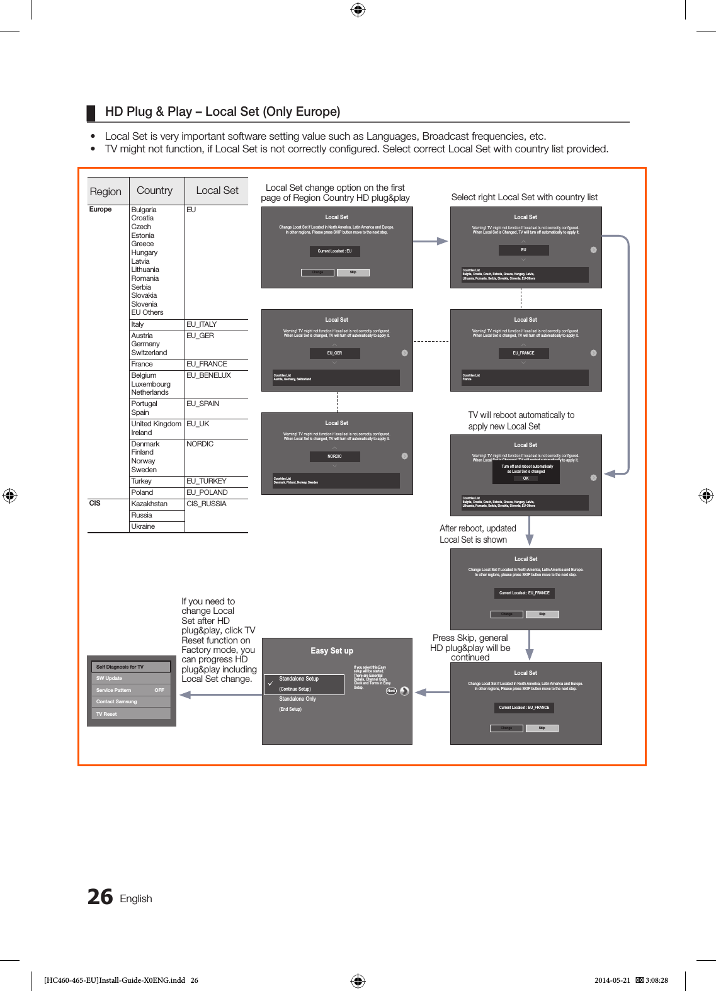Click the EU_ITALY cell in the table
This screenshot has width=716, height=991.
(202, 324)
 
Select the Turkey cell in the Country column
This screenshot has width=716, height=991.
(142, 481)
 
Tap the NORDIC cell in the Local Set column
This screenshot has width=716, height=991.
(200, 444)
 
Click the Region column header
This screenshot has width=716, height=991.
(106, 191)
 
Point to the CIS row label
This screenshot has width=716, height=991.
(95, 503)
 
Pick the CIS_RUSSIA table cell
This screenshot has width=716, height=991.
(207, 504)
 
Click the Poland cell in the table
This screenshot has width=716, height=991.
(142, 492)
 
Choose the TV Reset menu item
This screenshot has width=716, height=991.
(107, 714)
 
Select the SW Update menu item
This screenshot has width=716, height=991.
(110, 678)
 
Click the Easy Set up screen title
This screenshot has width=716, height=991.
(332, 651)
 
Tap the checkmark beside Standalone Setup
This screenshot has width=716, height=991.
(270, 683)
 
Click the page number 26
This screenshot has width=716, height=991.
(100, 897)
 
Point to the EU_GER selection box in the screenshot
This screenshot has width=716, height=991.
(334, 353)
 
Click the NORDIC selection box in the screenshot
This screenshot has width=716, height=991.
(334, 456)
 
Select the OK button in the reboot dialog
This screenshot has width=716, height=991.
(526, 479)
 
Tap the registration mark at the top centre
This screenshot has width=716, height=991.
(358, 9)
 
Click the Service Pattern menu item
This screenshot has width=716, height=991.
(114, 690)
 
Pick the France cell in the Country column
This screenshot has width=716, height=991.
(142, 364)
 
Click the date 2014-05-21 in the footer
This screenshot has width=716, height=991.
(612, 980)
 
